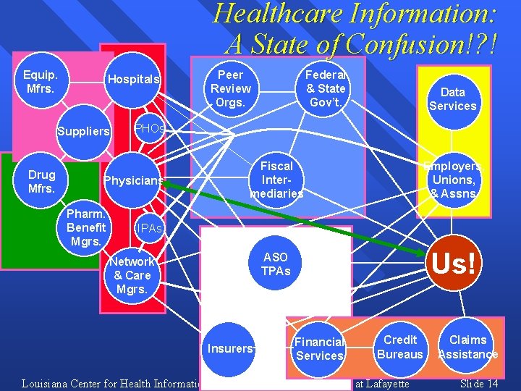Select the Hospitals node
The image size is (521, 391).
(x=134, y=80)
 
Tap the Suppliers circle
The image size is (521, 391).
(x=84, y=132)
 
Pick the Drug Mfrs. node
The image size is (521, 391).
(x=41, y=182)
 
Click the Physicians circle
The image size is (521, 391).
(x=134, y=180)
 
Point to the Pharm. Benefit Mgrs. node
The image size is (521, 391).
(x=86, y=227)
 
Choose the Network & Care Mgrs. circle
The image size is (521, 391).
(x=132, y=275)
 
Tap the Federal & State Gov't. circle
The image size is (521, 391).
(x=326, y=88)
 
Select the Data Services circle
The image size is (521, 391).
(x=453, y=99)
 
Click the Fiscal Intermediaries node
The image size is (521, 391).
(x=276, y=180)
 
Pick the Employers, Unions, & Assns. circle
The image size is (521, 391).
(x=453, y=180)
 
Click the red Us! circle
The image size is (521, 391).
(x=453, y=264)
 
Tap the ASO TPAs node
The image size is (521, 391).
(x=276, y=264)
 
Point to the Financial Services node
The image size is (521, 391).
(x=319, y=348)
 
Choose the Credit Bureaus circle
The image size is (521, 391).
(x=400, y=347)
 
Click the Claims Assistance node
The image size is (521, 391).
(x=468, y=347)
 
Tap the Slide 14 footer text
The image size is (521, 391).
(x=479, y=383)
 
